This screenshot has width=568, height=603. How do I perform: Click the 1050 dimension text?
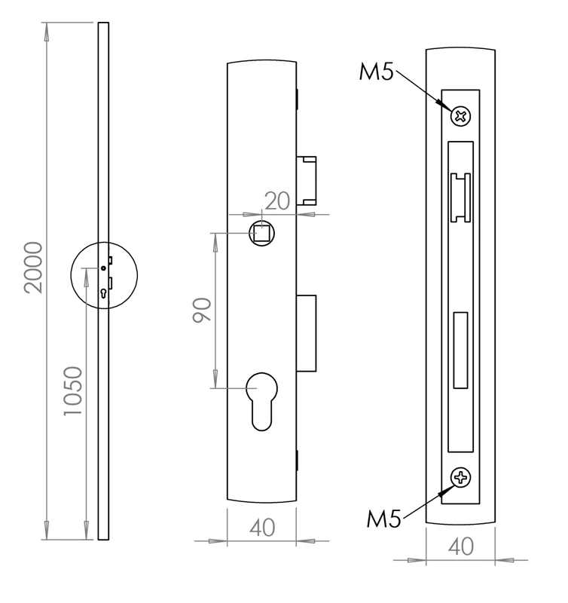[72, 392]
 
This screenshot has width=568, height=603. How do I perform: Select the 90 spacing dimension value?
[201, 310]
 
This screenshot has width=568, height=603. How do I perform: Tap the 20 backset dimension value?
[278, 200]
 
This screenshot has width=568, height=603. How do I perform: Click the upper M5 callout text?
[376, 73]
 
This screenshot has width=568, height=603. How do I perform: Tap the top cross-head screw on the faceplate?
[461, 116]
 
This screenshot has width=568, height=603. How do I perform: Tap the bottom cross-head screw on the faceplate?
[460, 477]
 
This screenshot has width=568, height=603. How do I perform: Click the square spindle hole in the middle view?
[262, 233]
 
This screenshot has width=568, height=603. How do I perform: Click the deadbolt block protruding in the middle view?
[307, 332]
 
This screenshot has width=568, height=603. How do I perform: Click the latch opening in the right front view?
[460, 197]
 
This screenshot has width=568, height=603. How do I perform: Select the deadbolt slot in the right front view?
[460, 350]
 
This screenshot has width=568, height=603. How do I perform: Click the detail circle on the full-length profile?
[104, 274]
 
